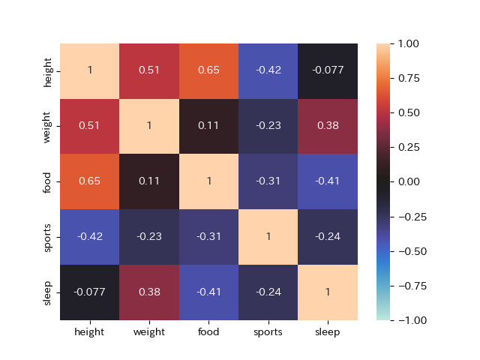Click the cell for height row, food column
click(208, 70)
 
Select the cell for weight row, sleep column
click(328, 126)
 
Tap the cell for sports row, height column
click(90, 237)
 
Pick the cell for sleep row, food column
click(208, 292)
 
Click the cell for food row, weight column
click(149, 181)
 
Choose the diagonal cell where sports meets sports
click(268, 237)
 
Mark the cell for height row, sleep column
click(328, 70)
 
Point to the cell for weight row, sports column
click(268, 126)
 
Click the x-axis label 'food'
click(208, 332)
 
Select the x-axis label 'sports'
click(268, 332)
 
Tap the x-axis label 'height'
click(90, 332)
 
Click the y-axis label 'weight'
click(49, 126)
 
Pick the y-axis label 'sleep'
click(49, 292)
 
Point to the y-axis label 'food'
click(49, 181)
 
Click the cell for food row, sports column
click(268, 181)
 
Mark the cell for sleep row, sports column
click(268, 292)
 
